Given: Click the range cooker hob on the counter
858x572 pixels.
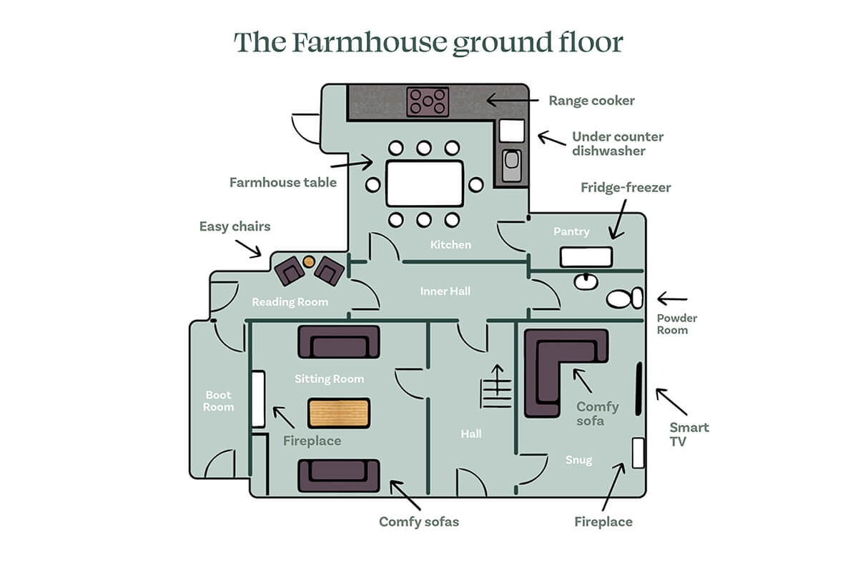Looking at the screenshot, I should click(x=428, y=101).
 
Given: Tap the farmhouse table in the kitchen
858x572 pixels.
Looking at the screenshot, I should click(x=425, y=184).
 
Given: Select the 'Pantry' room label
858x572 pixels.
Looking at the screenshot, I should click(x=571, y=231).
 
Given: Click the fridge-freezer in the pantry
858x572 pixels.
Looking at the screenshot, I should click(x=586, y=257).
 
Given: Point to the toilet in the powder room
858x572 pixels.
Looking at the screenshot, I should click(x=624, y=298).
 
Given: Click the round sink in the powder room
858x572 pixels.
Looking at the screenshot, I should click(x=586, y=281).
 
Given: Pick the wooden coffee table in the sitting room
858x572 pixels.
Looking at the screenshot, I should click(x=339, y=413).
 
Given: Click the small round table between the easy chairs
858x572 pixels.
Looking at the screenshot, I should click(x=309, y=261).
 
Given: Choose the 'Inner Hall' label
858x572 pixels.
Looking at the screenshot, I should click(x=445, y=291).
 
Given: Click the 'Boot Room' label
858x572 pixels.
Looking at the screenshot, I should click(x=219, y=401).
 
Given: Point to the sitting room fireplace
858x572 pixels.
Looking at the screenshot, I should click(x=258, y=399).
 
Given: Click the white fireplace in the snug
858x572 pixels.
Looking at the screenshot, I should click(x=638, y=453).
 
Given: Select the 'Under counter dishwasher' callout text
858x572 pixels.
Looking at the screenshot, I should click(x=617, y=144).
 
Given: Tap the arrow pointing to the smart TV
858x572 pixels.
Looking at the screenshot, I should click(x=671, y=401).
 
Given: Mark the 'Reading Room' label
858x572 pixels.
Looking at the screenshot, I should click(x=290, y=302).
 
